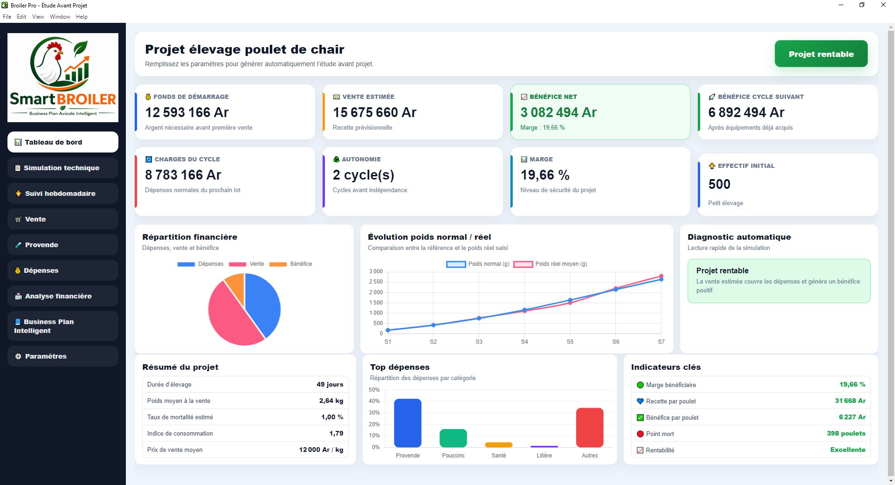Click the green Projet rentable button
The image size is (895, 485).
tap(821, 54)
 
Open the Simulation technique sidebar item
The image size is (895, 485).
tap(63, 168)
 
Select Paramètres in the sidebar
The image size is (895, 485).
tap(63, 356)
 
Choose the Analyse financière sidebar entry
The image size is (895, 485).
tap(63, 296)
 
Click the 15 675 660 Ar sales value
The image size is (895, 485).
tap(374, 112)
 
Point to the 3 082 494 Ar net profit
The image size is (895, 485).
tap(558, 112)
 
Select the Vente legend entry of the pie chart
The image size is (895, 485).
tap(247, 264)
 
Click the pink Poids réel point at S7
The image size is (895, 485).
tap(661, 276)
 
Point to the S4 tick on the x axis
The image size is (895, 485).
tap(524, 342)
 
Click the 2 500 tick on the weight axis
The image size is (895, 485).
tap(376, 282)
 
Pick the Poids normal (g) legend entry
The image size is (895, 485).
tap(478, 264)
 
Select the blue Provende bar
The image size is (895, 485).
tap(408, 423)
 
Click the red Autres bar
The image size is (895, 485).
tap(590, 428)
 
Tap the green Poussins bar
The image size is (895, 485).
tap(453, 438)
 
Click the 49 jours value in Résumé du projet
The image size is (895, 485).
tap(330, 384)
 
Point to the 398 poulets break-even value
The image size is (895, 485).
tap(846, 433)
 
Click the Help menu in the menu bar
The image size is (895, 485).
tap(82, 17)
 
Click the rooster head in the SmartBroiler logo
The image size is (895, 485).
tap(55, 50)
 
